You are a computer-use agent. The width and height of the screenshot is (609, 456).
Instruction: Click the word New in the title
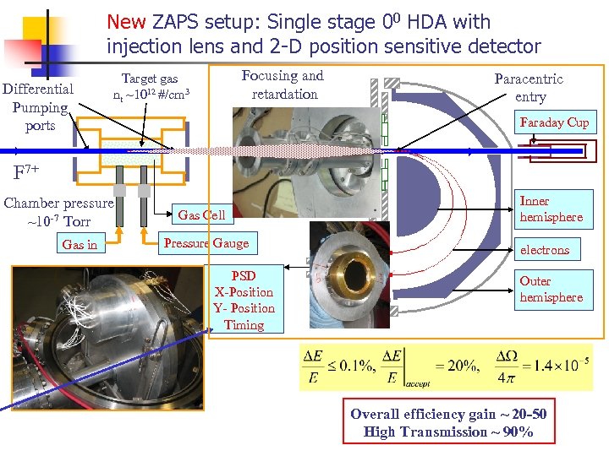click(x=126, y=22)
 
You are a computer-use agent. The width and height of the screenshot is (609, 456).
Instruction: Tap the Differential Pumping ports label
click(x=38, y=107)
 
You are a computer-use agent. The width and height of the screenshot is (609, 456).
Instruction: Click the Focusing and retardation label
click(x=283, y=84)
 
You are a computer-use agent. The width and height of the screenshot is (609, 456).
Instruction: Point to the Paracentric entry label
click(x=529, y=87)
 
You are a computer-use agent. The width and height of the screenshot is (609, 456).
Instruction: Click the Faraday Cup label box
click(x=554, y=122)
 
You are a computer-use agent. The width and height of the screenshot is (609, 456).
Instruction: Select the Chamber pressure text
click(x=58, y=212)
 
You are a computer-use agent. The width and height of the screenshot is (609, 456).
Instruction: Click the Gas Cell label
click(x=201, y=214)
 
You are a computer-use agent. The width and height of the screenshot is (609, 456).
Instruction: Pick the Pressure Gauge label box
click(x=206, y=243)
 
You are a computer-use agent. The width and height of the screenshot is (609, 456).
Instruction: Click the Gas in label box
click(x=80, y=245)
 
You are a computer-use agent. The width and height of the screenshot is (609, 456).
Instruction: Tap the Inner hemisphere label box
click(x=551, y=209)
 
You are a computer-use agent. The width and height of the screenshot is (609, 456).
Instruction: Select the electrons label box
click(x=545, y=250)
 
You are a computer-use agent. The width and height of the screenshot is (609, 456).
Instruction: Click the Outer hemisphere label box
click(x=551, y=289)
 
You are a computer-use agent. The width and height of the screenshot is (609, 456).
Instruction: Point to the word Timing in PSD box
click(x=244, y=325)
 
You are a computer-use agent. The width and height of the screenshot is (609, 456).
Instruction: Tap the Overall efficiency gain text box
click(x=448, y=422)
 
